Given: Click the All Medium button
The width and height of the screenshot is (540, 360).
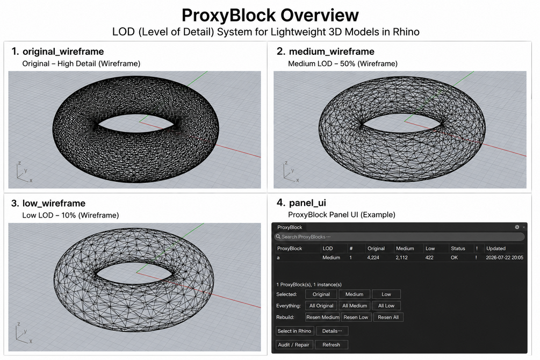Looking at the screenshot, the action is (x=355, y=306).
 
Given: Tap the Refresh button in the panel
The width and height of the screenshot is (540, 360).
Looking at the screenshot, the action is (x=331, y=344).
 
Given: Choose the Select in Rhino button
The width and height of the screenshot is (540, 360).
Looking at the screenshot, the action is (x=294, y=331).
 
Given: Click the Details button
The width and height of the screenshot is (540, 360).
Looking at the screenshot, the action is (x=332, y=331).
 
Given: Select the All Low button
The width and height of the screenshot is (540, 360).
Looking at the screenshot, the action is (x=386, y=306).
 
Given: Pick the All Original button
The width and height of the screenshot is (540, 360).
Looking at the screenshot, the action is (x=321, y=306).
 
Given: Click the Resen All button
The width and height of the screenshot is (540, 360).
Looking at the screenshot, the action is (x=388, y=317).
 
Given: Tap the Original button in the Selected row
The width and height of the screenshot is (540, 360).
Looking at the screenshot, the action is (x=321, y=294).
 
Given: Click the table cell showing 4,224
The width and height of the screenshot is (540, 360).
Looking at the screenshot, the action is (x=373, y=257).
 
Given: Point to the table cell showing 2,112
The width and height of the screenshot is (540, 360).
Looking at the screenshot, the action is (x=401, y=257).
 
